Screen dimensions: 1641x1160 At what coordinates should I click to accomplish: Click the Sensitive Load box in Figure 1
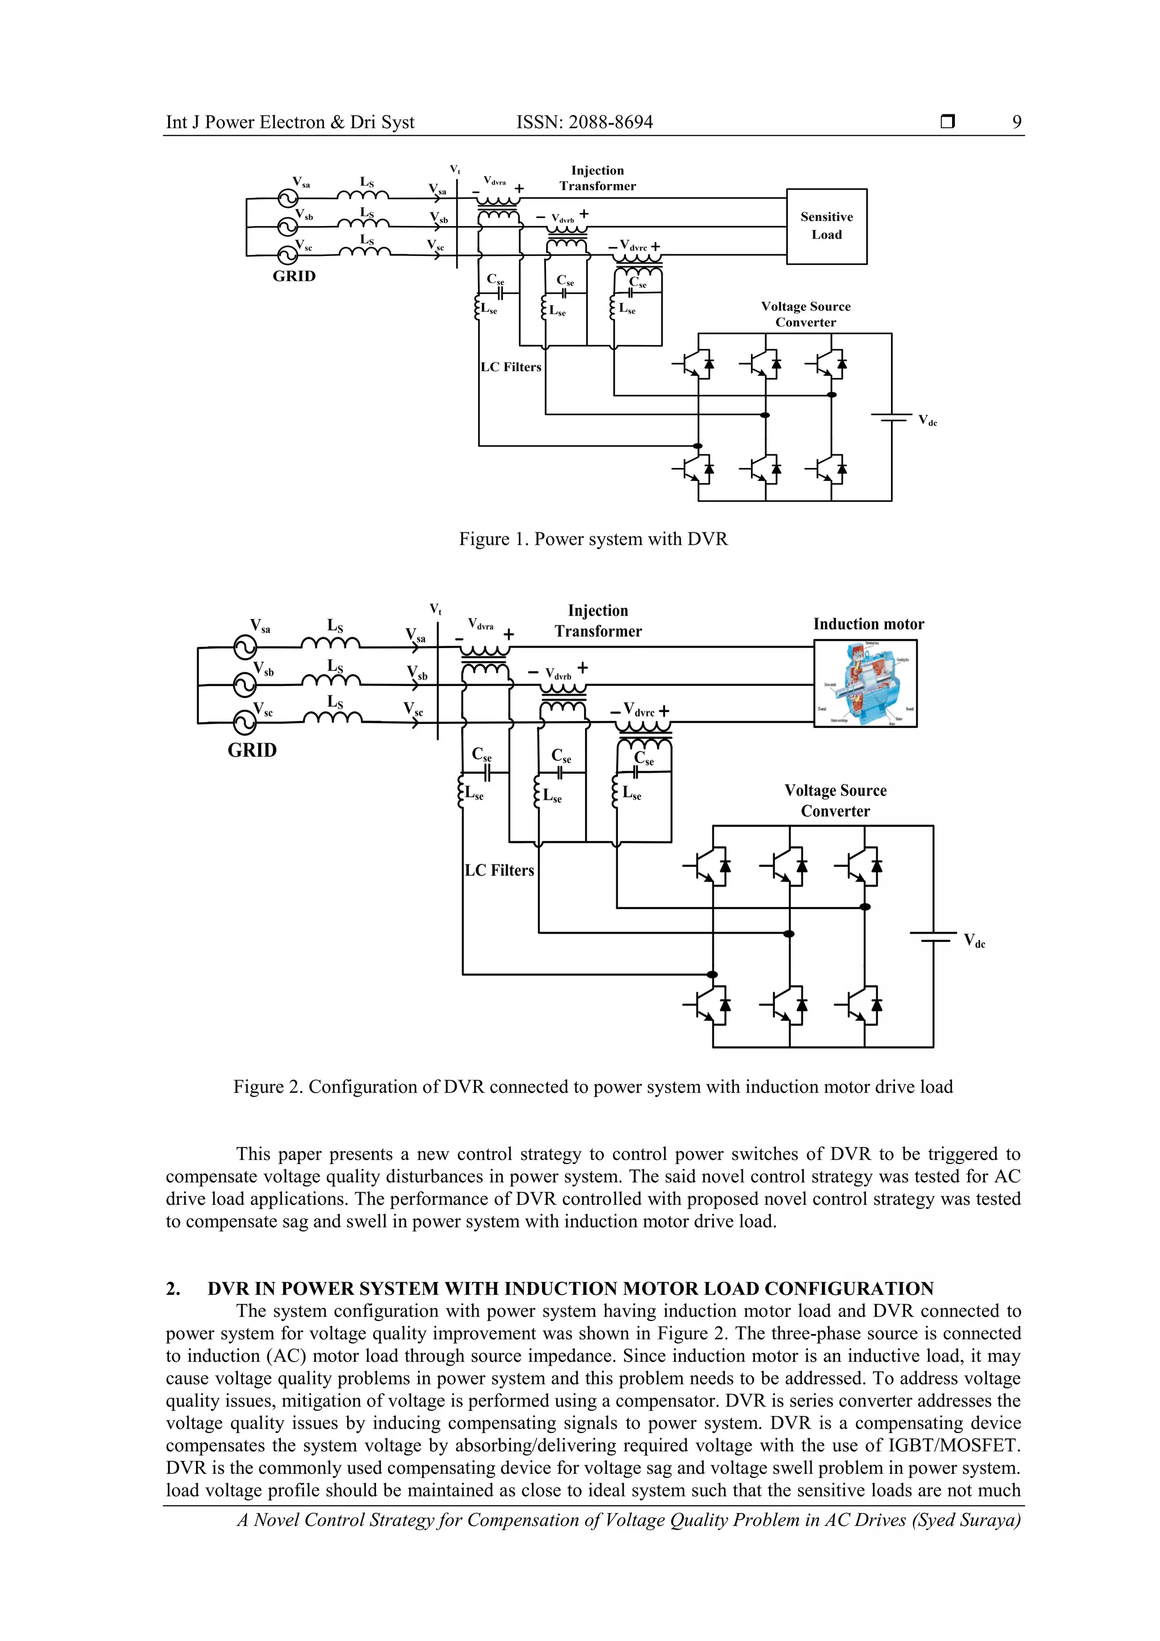[x=826, y=226]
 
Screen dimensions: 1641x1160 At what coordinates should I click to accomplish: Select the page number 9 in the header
[x=1016, y=122]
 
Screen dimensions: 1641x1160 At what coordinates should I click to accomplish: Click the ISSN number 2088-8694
[x=611, y=122]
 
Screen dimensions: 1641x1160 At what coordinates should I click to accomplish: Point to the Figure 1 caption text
[x=592, y=539]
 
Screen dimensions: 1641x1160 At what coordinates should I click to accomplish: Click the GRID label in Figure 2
[x=251, y=751]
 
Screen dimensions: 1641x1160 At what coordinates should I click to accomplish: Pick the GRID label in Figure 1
[x=294, y=276]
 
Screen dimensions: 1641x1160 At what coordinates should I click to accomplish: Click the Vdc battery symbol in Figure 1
[x=892, y=417]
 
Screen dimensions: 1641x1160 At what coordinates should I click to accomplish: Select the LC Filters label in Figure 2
[x=499, y=871]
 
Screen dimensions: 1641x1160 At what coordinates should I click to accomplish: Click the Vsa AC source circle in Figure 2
[x=245, y=647]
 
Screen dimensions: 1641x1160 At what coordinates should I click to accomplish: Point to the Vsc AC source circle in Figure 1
[x=287, y=254]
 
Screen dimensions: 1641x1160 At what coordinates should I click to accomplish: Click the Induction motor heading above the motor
[x=868, y=624]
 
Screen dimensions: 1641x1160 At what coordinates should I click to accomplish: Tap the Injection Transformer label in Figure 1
[x=597, y=178]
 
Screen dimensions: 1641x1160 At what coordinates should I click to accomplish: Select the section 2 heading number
[x=172, y=1289]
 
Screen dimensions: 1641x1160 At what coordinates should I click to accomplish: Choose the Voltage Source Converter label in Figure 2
[x=835, y=800]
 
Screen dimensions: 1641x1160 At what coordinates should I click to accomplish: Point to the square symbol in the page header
[x=948, y=122]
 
